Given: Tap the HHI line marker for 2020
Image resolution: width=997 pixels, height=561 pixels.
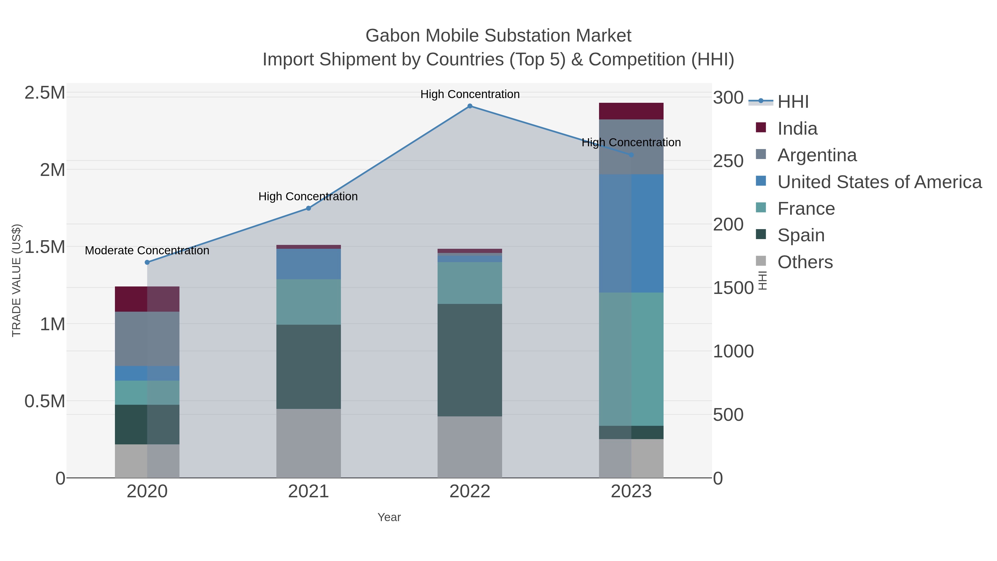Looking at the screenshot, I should (147, 263).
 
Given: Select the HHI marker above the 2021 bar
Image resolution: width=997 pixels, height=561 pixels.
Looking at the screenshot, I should (309, 208).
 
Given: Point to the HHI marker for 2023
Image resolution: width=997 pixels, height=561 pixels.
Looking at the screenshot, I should (631, 155).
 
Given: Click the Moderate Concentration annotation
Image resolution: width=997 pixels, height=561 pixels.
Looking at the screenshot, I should (147, 250).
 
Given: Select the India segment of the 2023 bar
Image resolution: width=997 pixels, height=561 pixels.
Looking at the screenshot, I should (631, 111).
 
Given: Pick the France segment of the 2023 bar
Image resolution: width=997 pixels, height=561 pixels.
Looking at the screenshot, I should (631, 359).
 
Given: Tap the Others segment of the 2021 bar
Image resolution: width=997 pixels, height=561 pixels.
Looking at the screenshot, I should (309, 443).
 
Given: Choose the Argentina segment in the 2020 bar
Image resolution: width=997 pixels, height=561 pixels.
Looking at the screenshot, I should (147, 339).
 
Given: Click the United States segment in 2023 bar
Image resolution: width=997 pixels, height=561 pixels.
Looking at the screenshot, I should (631, 234).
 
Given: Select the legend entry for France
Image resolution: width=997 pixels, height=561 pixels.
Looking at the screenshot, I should (806, 209).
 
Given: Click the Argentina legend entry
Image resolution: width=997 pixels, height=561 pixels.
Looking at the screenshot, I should (817, 155).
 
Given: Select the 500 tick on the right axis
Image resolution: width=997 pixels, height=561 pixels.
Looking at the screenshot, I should (728, 415).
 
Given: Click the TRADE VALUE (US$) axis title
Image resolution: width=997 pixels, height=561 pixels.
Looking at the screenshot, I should (17, 280).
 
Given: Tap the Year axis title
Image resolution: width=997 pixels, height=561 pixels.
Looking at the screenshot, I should (389, 517).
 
